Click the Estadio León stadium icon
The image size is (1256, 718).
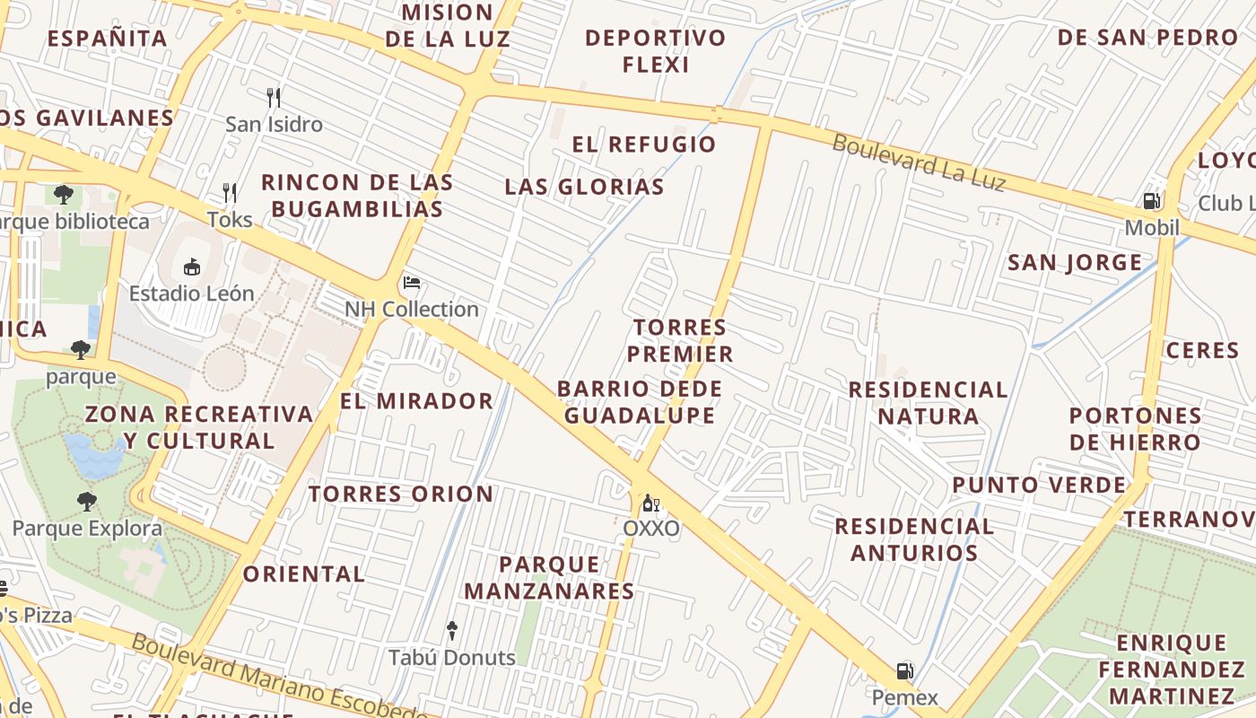click(x=191, y=267)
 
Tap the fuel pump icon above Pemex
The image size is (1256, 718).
click(x=905, y=670)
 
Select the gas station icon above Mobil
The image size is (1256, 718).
click(x=1152, y=201)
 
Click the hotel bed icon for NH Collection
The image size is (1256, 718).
click(x=412, y=283)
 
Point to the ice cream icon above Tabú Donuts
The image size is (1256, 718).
click(x=452, y=631)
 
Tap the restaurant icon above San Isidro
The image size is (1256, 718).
click(x=274, y=97)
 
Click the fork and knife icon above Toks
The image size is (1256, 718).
click(x=230, y=192)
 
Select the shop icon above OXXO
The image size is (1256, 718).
click(x=651, y=503)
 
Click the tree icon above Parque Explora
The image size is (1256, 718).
click(x=86, y=501)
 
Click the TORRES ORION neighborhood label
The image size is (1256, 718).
click(x=401, y=494)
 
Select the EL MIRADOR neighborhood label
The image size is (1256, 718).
click(x=416, y=401)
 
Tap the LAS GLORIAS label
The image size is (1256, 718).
click(x=584, y=187)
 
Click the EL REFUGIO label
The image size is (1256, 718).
click(x=643, y=144)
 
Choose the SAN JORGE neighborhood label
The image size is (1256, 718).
click(x=1075, y=263)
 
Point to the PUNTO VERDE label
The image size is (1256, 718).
click(x=1039, y=486)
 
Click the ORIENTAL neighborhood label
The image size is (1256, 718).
click(x=303, y=574)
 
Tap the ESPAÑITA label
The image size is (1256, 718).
click(x=107, y=39)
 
